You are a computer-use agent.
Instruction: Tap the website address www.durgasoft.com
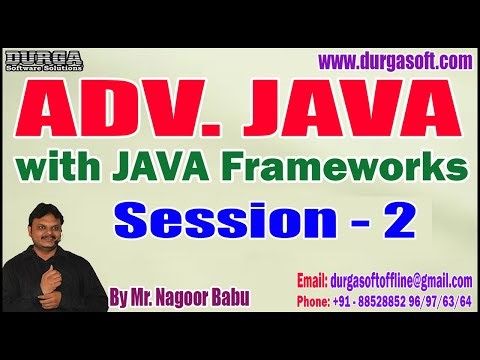(394, 62)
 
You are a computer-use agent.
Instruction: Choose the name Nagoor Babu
(206, 298)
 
